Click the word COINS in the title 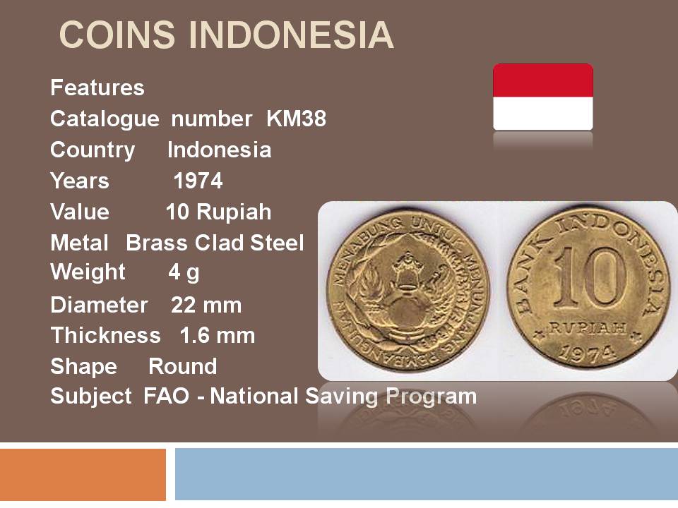[117, 35]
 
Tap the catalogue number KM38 [296, 119]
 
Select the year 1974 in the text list [198, 181]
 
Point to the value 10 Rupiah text [218, 212]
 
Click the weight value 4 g [184, 272]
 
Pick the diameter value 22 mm [206, 305]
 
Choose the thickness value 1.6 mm [217, 336]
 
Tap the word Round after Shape [182, 366]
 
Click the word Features [97, 87]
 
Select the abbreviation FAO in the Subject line [167, 396]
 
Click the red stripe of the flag [543, 80]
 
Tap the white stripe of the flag [543, 113]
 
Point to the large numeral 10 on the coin [590, 277]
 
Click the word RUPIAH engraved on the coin [588, 328]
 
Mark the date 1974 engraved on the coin [587, 354]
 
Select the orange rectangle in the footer [83, 474]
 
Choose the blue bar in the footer [427, 474]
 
